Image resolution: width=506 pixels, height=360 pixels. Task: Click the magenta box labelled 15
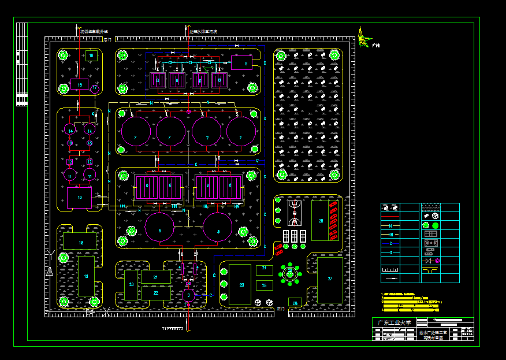(x=80, y=84)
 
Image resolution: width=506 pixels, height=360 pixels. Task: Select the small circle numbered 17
(x=95, y=88)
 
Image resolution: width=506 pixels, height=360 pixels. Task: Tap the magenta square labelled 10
(x=79, y=198)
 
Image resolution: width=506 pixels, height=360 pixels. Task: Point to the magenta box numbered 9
(x=241, y=62)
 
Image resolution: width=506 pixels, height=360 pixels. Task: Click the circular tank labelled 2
(x=188, y=295)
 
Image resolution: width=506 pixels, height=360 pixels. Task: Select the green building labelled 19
(x=85, y=276)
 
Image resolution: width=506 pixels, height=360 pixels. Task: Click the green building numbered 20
(x=132, y=285)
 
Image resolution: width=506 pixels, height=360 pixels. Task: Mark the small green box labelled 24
(x=264, y=270)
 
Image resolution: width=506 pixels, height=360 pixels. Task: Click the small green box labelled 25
(x=264, y=285)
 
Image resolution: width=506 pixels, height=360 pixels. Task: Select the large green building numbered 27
(x=330, y=280)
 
